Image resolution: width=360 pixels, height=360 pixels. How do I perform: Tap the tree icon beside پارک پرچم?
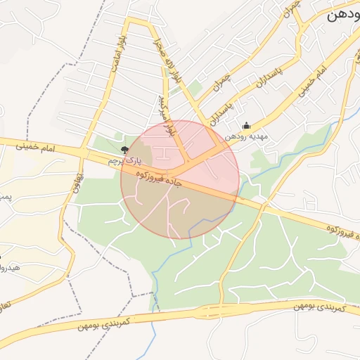(125, 149)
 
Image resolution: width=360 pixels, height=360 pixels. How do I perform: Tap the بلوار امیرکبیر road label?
(168, 116)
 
